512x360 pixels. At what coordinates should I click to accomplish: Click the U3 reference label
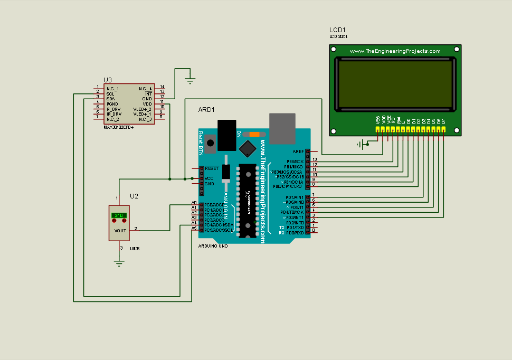(108, 80)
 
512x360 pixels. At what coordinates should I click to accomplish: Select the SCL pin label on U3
(110, 93)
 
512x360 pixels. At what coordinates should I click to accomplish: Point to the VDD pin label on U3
(147, 103)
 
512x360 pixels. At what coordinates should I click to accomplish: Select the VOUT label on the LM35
(120, 231)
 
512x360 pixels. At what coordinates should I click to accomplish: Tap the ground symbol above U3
(190, 80)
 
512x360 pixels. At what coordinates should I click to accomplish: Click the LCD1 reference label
(337, 30)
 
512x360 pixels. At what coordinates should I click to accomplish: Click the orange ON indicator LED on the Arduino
(254, 134)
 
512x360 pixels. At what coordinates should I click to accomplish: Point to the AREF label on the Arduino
(298, 151)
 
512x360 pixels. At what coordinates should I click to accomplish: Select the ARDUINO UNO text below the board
(213, 246)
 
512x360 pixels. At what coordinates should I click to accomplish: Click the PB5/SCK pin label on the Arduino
(295, 161)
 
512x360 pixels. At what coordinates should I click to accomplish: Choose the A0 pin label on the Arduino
(194, 203)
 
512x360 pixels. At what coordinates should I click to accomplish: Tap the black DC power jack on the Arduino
(227, 135)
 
